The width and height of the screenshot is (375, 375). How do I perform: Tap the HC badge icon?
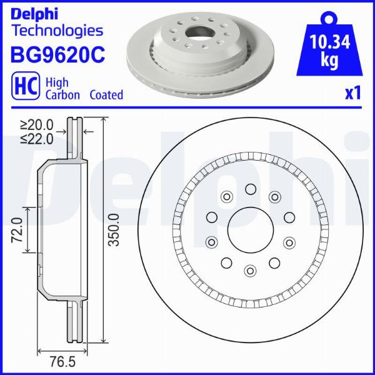[x=23, y=87]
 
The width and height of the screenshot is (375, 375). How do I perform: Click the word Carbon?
[x=62, y=95]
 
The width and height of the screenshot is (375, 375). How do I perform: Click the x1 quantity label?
[x=354, y=94]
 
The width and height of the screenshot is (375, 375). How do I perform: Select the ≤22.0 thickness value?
[x=37, y=137]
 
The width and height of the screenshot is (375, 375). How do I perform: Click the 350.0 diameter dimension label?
[x=113, y=230]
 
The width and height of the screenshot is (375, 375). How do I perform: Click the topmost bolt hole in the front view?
[x=250, y=189]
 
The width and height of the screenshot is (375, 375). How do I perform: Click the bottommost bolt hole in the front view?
[x=250, y=271]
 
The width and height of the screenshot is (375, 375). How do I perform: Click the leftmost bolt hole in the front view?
[x=211, y=217]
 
